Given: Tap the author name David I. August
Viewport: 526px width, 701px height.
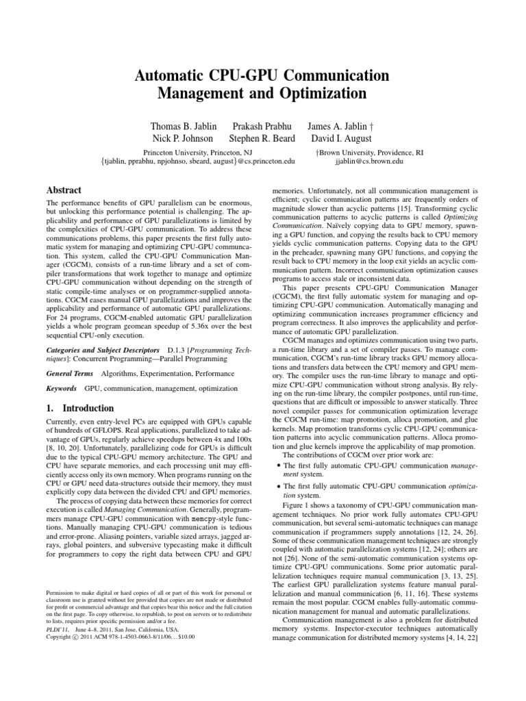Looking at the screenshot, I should pyautogui.click(x=340, y=140).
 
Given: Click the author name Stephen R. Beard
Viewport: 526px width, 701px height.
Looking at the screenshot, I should pyautogui.click(x=262, y=140).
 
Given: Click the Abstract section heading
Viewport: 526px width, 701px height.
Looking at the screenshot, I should pyautogui.click(x=64, y=190).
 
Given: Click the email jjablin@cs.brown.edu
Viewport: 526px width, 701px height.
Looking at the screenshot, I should pyautogui.click(x=368, y=162).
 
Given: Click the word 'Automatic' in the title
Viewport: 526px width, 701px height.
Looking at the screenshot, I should pyautogui.click(x=179, y=75).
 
